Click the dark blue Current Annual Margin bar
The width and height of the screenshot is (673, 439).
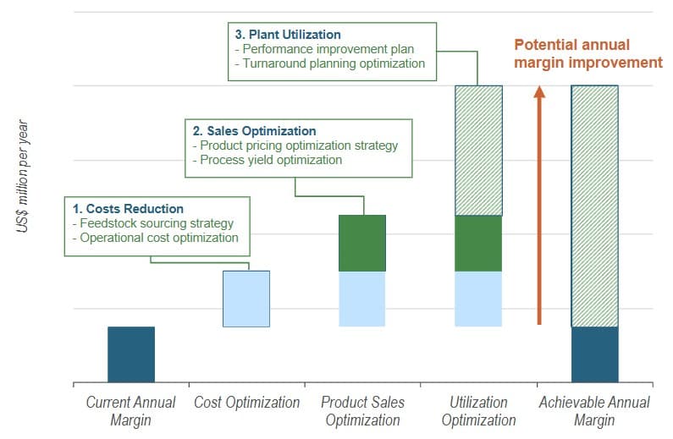131,354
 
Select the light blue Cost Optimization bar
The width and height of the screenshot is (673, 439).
246,299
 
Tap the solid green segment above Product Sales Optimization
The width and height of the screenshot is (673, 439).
362,243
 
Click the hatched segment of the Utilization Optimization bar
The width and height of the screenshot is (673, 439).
478,151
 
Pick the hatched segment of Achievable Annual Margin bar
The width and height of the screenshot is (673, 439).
594,206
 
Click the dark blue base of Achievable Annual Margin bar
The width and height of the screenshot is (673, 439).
594,354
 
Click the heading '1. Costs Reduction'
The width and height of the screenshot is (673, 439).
128,209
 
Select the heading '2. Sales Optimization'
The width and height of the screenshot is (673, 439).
254,131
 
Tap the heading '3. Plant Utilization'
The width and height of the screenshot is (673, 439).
288,35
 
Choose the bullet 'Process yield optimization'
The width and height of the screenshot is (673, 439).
267,160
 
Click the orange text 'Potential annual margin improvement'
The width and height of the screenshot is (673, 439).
587,53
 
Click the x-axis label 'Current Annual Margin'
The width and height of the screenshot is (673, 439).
130,411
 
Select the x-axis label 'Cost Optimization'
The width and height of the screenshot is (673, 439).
246,403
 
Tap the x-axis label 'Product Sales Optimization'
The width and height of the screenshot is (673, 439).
362,411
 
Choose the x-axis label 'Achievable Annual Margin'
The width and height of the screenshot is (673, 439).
594,411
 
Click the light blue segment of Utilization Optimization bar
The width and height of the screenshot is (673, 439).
478,299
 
